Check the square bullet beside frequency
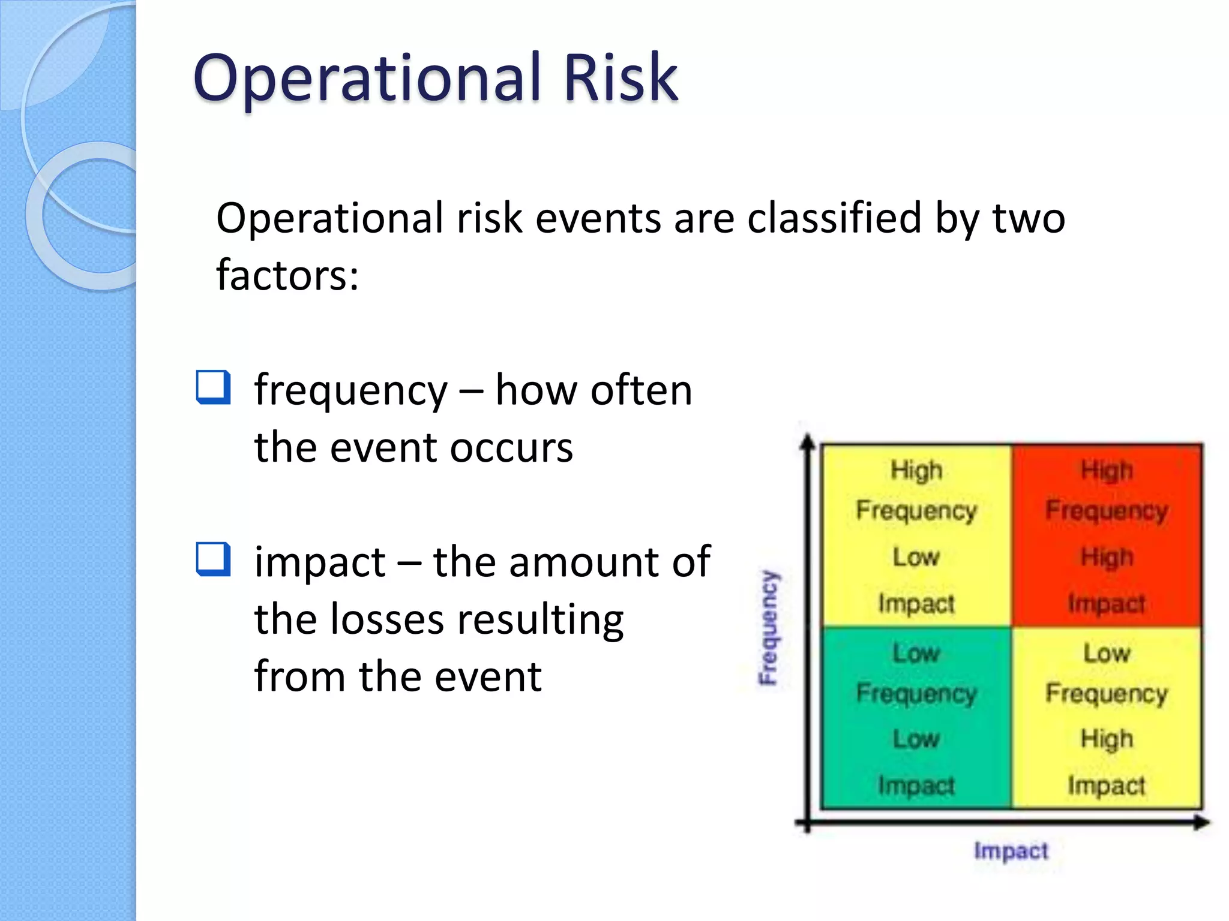213,387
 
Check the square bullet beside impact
213,559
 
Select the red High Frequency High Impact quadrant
1107,535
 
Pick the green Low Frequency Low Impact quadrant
916,718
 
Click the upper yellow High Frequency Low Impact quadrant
916,535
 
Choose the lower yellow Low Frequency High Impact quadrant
1107,718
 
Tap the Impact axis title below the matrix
1011,850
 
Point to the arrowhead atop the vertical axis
808,442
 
